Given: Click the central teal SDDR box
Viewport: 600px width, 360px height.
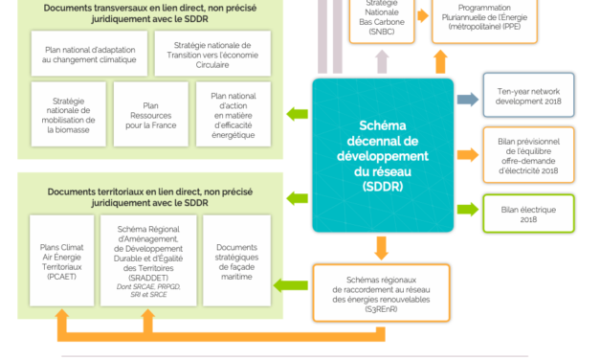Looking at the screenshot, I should pos(382,154).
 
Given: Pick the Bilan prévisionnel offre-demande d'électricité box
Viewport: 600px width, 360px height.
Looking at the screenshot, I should pos(527,153).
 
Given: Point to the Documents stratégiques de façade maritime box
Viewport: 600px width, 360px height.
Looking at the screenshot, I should pos(232,258).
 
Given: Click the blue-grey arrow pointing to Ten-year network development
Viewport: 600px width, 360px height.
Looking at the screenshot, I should pos(466,99).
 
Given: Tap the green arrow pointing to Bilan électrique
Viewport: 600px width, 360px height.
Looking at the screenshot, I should pos(466,209).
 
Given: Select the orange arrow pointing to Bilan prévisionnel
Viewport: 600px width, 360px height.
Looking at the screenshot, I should pos(466,154).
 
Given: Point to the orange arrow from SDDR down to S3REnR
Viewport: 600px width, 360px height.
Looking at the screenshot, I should pos(382,248).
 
